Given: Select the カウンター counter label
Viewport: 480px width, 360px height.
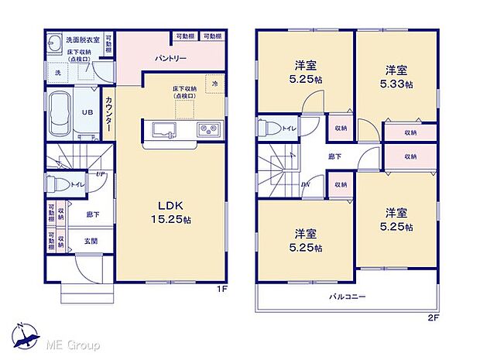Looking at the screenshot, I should (108, 112).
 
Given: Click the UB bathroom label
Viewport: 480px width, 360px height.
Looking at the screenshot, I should (87, 111).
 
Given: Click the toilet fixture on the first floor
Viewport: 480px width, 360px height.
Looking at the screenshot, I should (55, 184).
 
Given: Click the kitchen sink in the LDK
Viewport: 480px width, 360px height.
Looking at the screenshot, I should (164, 129).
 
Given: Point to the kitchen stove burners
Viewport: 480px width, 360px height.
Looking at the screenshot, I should (210, 129).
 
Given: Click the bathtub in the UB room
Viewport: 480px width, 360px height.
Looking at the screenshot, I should (60, 111).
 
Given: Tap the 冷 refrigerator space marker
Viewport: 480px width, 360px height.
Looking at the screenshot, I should (214, 84).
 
